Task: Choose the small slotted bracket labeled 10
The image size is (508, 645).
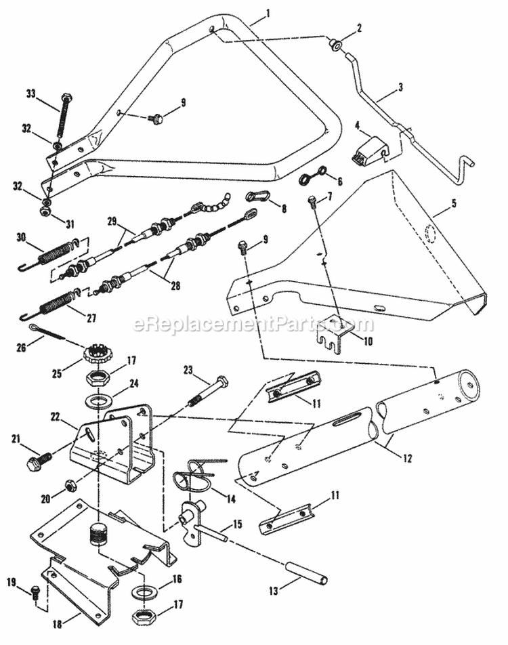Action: coord(336,333)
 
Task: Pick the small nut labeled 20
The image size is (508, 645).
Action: coord(69,485)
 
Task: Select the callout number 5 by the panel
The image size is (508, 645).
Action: coord(436,203)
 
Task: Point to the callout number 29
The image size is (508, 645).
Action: coord(112,221)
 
